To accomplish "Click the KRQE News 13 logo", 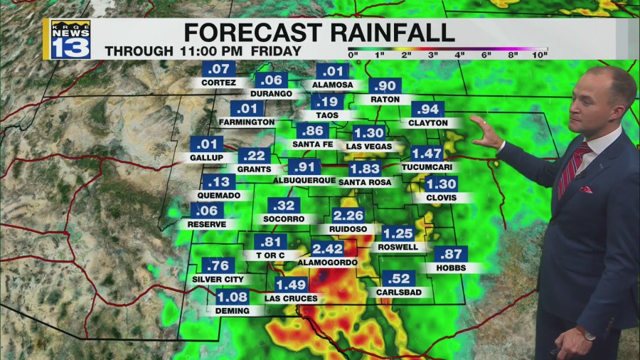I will tap(70, 40).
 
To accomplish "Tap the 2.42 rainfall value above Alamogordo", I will tap(328, 248).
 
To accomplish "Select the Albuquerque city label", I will tap(304, 180).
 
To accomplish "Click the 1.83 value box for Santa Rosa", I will tap(364, 169).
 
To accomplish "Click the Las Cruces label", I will tap(291, 298).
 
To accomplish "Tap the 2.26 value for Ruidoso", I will tap(348, 216).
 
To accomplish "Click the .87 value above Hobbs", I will tap(452, 254).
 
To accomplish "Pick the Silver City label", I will tap(218, 280).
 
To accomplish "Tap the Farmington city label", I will tap(247, 122).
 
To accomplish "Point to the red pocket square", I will tap(586, 190).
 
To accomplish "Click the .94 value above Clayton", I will tap(428, 110).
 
